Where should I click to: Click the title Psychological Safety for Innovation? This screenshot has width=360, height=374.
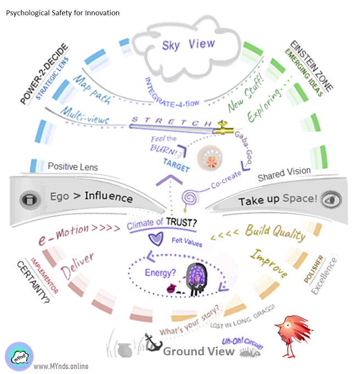pyautogui.click(x=63, y=12)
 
